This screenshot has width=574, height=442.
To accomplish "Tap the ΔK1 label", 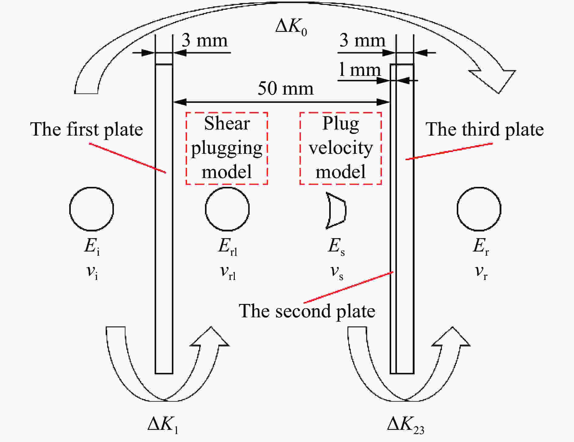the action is tap(163, 424).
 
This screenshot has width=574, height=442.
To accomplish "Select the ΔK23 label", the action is tap(406, 424).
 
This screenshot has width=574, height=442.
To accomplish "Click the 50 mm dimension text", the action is tap(285, 88).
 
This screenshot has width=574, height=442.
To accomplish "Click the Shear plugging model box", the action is tap(227, 148).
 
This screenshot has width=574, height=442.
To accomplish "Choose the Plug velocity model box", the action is tap(340, 148).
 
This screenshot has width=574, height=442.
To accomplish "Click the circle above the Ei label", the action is tap(91, 187).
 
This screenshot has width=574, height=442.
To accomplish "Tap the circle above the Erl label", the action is tap(227, 187).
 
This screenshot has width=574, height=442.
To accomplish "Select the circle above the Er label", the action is tap(479, 187).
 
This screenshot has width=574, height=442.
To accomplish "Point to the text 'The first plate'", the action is tap(87, 130).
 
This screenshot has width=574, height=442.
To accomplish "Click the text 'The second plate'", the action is tap(307, 311).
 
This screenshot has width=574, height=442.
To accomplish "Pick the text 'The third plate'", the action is tap(485, 130).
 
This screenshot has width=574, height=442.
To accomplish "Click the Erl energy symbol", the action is tap(227, 247).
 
